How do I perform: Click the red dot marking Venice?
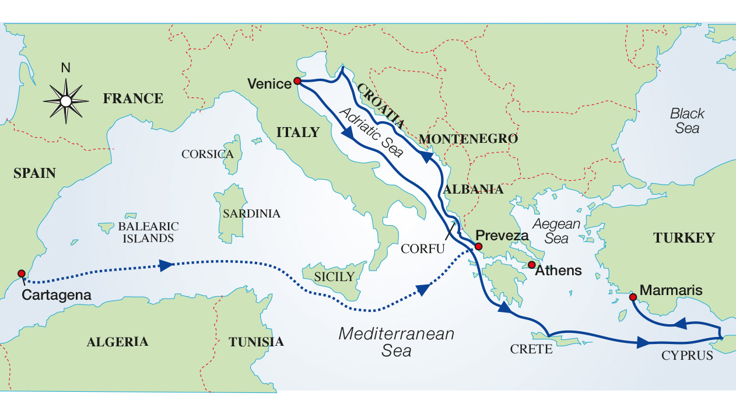click(x=297, y=81)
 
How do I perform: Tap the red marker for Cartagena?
click(x=22, y=273)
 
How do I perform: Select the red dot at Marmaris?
click(x=632, y=297)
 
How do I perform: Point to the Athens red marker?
click(x=531, y=265)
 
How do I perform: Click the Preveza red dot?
click(x=478, y=247)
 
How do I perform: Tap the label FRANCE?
click(x=133, y=98)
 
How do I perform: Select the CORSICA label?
click(x=208, y=155)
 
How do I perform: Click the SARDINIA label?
click(x=252, y=213)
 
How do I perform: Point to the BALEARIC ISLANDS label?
click(x=148, y=232)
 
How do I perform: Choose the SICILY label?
click(x=334, y=276)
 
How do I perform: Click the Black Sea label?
click(x=687, y=121)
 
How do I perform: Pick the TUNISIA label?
click(x=256, y=342)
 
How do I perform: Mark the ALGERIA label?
click(x=117, y=342)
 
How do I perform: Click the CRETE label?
click(x=531, y=349)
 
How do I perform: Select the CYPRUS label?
click(x=687, y=355)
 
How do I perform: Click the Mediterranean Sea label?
click(x=396, y=342)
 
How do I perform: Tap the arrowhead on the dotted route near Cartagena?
click(x=167, y=265)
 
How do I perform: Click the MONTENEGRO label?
click(x=468, y=139)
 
